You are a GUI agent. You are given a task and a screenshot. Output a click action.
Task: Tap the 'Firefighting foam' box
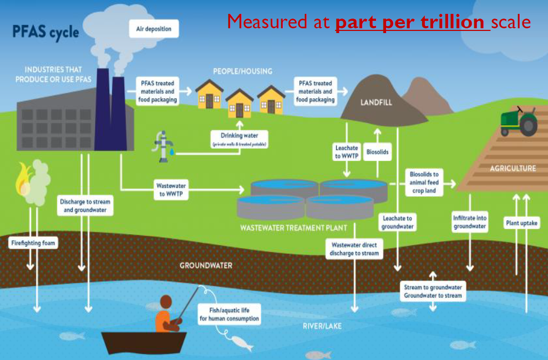33,243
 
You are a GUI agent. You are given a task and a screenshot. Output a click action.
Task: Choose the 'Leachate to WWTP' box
346,152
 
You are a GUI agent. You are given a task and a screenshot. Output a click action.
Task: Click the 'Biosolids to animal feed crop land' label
424,182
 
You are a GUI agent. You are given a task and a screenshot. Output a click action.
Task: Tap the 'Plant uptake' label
521,222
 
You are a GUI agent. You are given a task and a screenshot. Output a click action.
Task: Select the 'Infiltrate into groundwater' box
470,222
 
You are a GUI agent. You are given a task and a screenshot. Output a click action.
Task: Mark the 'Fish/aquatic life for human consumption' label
229,314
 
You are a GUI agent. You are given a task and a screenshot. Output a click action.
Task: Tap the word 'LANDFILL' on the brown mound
376,102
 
